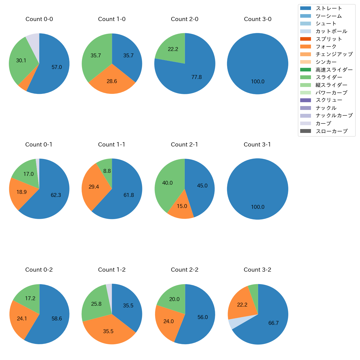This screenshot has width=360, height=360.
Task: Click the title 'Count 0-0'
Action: coord(39,19)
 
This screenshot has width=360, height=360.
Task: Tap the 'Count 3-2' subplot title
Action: coord(257,270)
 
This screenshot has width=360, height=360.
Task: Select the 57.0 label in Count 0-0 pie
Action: coord(57,67)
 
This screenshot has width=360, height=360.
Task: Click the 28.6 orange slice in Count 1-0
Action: coord(112,81)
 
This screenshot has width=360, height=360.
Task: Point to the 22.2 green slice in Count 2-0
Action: coord(173,49)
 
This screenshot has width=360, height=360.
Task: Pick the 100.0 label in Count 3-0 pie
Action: coord(258,81)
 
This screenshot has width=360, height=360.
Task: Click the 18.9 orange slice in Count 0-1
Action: coord(21,192)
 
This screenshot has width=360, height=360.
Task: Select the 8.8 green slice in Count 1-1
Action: coord(107,171)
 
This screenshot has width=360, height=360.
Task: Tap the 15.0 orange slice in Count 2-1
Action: coord(182,206)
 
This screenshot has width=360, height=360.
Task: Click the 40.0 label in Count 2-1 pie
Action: coord(167,183)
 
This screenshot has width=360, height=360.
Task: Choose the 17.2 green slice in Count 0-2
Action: coord(30,298)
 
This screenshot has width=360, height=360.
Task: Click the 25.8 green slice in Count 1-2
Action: coord(96,304)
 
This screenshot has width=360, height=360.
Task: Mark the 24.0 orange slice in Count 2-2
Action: coord(168,321)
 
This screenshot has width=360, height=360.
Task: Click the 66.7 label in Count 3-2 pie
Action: coord(273,323)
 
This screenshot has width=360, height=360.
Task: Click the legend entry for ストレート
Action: coord(329,8)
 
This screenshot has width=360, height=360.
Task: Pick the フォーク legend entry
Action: coord(326,47)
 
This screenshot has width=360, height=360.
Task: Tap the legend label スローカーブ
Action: coord(331,131)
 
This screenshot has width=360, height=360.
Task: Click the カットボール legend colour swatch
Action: coord(305,31)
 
